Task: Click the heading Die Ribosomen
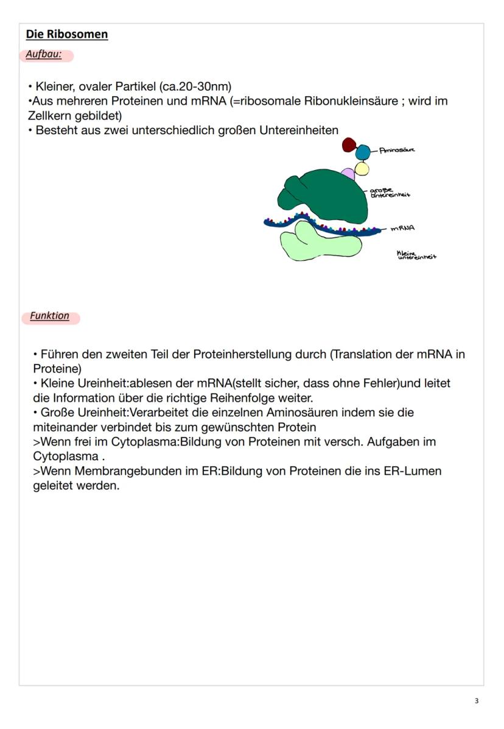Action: point(67,34)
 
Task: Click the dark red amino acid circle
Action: point(349,144)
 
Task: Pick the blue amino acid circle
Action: point(363,152)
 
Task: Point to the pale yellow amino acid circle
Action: point(362,168)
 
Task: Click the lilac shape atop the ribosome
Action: point(348,175)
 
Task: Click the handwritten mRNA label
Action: point(402,229)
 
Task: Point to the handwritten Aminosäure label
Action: point(397,150)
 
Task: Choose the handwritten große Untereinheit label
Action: point(390,192)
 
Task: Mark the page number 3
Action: point(477,701)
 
